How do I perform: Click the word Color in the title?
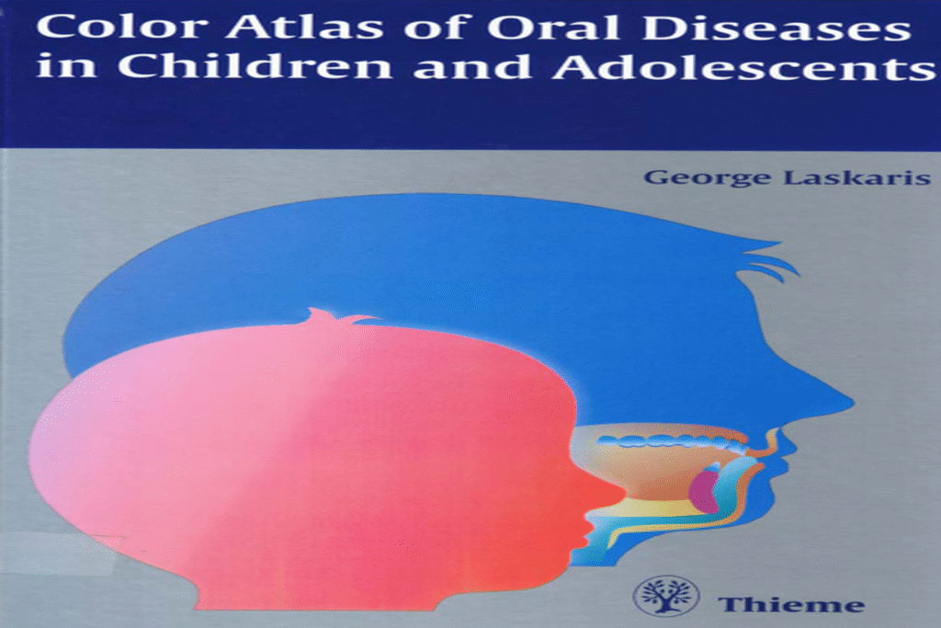104,27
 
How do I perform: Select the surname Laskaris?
848,177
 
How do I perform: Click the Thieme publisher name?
791,604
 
